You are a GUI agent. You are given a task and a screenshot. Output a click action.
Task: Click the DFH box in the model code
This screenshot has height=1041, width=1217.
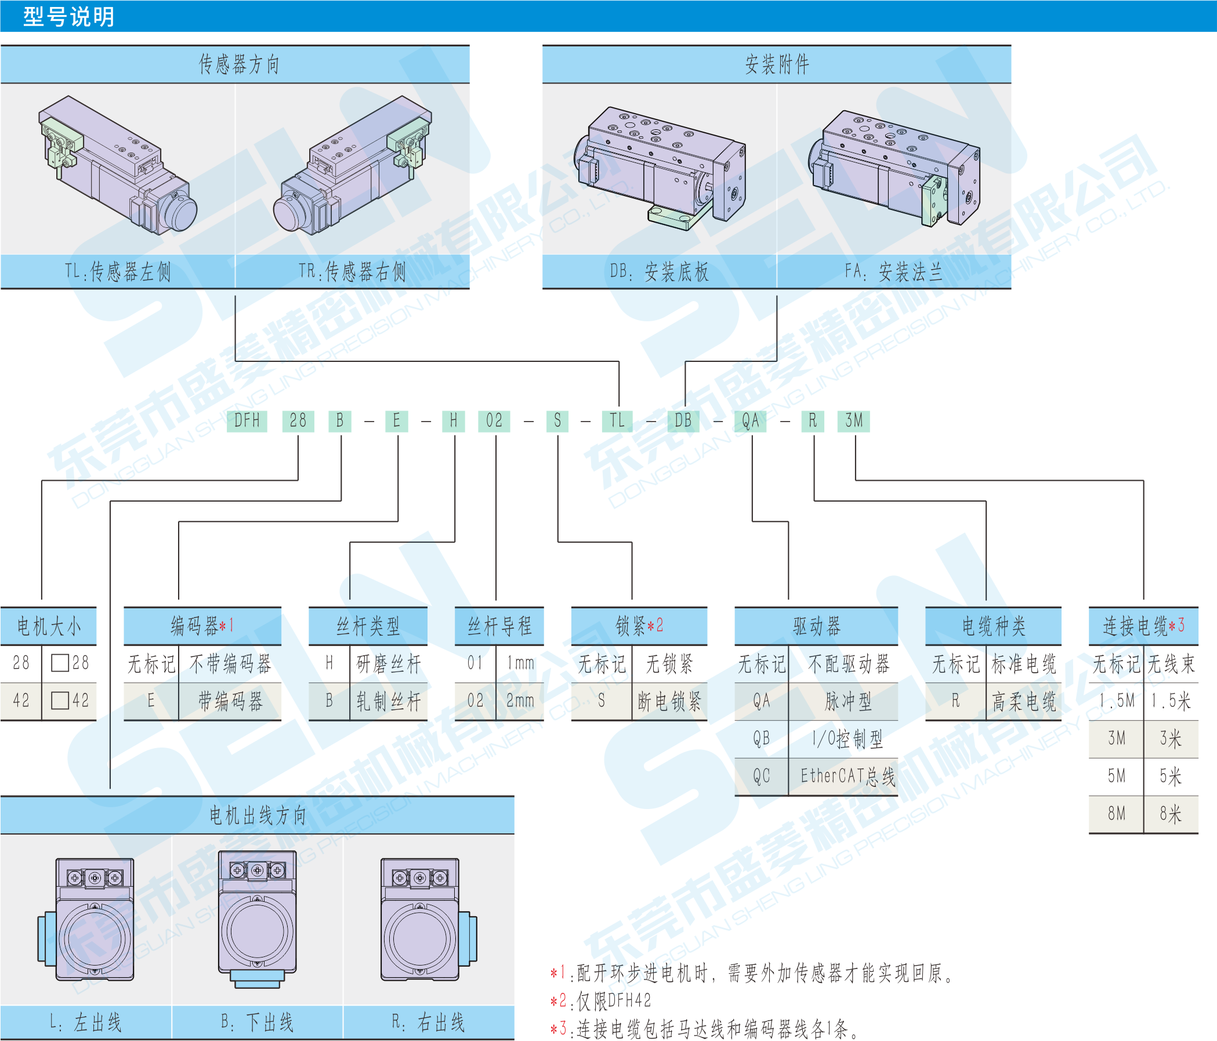[247, 420]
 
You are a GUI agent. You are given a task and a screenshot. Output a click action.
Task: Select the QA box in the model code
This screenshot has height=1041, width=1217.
[750, 420]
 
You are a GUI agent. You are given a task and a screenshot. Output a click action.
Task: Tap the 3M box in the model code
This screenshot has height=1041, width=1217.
[853, 420]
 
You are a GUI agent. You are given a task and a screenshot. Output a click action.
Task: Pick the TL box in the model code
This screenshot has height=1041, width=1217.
[617, 420]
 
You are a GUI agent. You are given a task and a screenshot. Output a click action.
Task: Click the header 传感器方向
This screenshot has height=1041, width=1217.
[238, 64]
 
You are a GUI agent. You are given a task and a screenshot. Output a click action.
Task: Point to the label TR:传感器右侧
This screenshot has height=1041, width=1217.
[352, 271]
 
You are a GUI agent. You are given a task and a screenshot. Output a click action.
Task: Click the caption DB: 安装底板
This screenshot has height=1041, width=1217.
[659, 271]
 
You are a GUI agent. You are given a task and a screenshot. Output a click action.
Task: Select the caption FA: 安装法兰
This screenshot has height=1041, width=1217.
[893, 271]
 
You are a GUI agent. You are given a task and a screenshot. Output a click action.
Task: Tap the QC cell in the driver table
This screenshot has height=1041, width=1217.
[761, 776]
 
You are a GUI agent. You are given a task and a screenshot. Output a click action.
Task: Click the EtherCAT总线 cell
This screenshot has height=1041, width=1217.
[847, 776]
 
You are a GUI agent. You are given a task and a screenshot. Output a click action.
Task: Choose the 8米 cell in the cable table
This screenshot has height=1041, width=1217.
[1170, 814]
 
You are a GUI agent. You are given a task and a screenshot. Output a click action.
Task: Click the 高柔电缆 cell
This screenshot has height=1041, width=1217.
[1024, 701]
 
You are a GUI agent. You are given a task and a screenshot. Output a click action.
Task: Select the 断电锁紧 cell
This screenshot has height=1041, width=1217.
[669, 701]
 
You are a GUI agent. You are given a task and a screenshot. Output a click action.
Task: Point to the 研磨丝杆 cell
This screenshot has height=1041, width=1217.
[389, 664]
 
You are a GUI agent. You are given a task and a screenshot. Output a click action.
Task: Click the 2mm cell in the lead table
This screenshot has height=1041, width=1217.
[520, 701]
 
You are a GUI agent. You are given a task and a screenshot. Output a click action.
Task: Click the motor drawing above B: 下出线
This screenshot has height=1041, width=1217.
[257, 919]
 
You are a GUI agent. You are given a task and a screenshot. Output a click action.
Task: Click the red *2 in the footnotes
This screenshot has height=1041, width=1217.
[558, 1000]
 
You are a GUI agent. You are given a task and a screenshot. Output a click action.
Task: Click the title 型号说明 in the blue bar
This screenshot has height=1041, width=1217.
[68, 16]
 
